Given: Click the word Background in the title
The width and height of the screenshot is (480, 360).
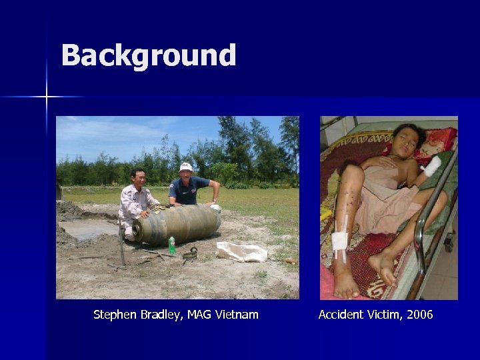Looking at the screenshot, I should click(x=149, y=56).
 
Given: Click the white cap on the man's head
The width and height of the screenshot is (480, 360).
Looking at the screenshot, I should click(x=186, y=167).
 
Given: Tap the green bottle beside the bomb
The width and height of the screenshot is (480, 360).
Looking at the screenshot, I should click(x=172, y=245).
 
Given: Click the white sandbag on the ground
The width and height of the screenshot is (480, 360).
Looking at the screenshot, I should click(x=241, y=251).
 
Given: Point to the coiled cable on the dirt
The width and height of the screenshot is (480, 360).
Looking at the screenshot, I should click(x=190, y=253).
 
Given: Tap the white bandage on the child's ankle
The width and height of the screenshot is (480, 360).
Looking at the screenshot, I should click(x=340, y=242).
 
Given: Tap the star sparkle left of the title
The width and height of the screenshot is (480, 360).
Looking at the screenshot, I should click(x=47, y=97).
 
